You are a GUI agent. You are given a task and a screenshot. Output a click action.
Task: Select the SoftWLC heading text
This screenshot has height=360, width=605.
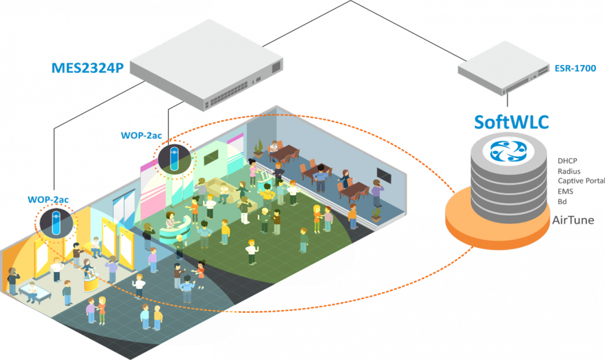(512, 122)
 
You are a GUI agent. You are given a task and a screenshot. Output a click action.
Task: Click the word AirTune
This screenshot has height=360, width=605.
(572, 220)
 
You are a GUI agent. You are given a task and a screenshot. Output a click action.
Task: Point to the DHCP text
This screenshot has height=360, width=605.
(567, 161)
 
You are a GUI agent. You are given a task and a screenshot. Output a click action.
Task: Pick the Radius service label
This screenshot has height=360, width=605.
(568, 171)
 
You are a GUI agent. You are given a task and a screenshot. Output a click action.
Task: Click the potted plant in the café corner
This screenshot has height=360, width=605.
(259, 147)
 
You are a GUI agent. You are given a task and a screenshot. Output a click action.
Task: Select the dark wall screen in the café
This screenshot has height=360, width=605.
(383, 176)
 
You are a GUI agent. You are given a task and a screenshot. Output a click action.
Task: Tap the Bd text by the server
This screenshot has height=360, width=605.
(562, 202)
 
